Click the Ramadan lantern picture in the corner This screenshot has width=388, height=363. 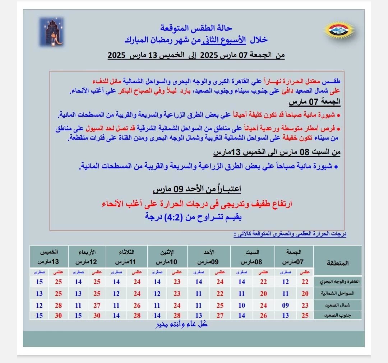pyautogui.click(x=51, y=32)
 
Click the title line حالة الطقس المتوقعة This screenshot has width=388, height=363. pyautogui.click(x=195, y=28)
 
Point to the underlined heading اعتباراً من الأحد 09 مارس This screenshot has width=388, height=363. pyautogui.click(x=197, y=189)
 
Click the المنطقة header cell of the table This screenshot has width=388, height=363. pyautogui.click(x=337, y=263)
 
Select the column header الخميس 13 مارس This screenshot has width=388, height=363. pyautogui.click(x=49, y=256)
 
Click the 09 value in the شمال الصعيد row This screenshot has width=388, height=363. pyautogui.click(x=285, y=305)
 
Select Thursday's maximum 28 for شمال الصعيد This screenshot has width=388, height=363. pyautogui.click(x=59, y=305)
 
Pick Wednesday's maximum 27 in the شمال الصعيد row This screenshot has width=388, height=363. pyautogui.click(x=97, y=305)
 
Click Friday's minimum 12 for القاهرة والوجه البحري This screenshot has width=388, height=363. pyautogui.click(x=285, y=282)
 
